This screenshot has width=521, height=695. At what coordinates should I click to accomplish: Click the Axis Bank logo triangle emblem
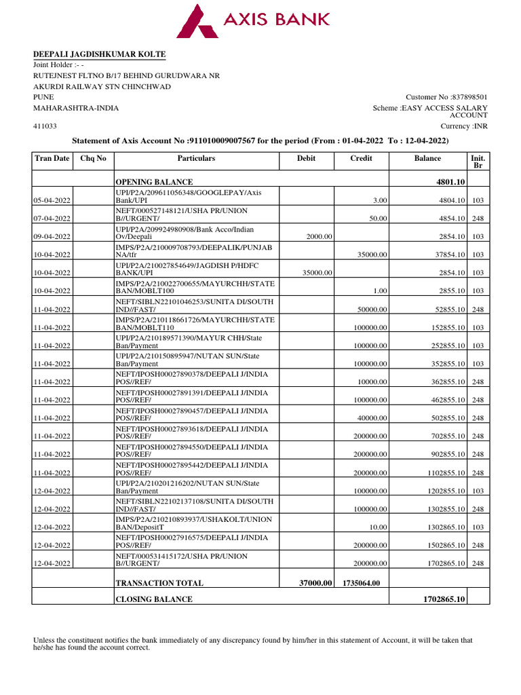(x=198, y=21)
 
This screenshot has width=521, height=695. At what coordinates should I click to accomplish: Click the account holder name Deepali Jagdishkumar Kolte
(x=100, y=54)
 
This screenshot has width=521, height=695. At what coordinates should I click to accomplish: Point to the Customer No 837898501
(x=446, y=98)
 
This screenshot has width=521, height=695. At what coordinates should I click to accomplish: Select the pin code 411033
(x=45, y=126)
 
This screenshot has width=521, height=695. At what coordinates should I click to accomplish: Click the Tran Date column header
(x=52, y=158)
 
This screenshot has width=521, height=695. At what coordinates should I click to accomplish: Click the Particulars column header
(x=196, y=158)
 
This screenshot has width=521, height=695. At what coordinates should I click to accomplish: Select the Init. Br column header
(x=478, y=162)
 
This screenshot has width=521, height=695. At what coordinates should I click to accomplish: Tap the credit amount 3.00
(x=380, y=200)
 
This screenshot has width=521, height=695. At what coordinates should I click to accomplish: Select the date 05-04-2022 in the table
(x=53, y=200)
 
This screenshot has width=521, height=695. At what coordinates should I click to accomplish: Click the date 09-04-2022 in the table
(x=53, y=236)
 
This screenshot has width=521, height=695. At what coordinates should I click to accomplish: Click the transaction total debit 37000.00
(x=315, y=582)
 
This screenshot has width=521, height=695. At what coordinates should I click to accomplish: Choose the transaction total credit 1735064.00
(x=362, y=582)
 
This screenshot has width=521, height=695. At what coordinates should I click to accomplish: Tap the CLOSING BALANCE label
(x=154, y=599)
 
